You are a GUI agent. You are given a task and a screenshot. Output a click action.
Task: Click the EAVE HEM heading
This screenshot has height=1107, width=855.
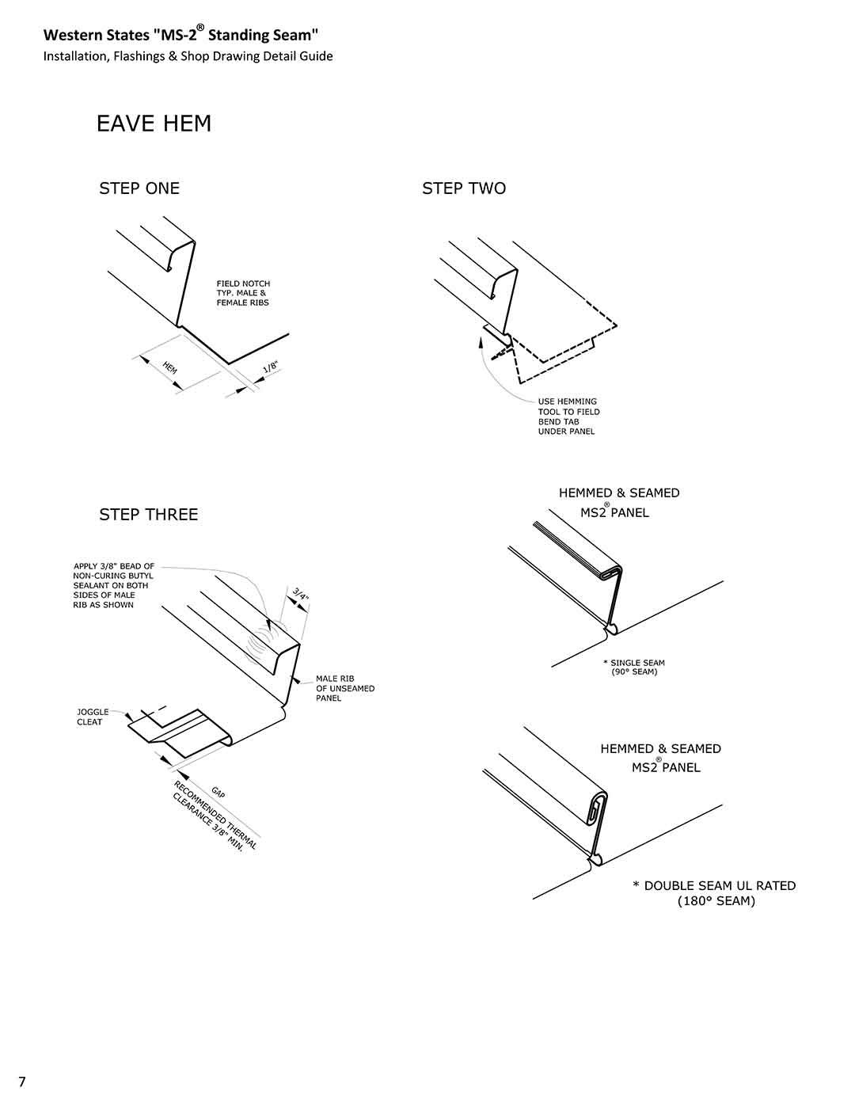(x=154, y=124)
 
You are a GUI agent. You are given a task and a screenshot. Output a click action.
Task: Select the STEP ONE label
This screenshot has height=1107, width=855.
(x=139, y=188)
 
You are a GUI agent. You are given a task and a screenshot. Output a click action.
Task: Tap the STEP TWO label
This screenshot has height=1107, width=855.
(x=464, y=188)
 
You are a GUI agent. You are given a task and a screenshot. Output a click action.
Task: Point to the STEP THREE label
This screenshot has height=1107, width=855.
(x=148, y=515)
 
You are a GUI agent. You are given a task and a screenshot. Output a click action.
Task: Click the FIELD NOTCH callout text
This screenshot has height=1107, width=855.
(x=243, y=293)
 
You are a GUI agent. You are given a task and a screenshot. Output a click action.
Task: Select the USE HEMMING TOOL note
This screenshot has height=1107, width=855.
(x=568, y=417)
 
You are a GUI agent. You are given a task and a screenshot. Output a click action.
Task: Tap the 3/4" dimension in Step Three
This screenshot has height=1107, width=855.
(x=300, y=595)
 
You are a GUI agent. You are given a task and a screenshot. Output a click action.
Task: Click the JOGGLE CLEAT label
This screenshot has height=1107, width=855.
(x=92, y=717)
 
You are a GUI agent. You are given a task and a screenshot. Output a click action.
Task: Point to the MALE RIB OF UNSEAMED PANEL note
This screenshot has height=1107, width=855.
(x=344, y=688)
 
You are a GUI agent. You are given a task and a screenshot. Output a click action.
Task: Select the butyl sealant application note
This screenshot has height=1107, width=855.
(x=113, y=586)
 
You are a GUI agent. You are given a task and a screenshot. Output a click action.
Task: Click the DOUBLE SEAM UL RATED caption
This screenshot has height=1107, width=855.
(x=715, y=893)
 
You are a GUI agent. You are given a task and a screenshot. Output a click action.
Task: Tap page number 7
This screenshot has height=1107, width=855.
(x=22, y=1082)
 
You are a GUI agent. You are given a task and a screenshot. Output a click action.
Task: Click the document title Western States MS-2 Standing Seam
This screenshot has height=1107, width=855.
(x=180, y=35)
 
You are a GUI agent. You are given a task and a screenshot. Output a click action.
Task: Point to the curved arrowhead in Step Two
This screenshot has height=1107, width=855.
(x=482, y=341)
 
